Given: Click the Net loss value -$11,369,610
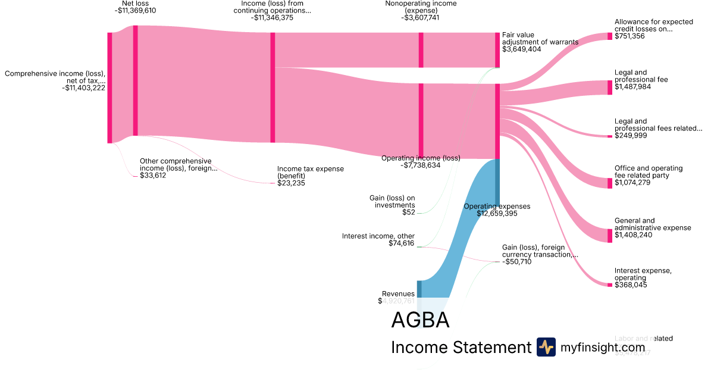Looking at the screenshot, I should pos(135,10).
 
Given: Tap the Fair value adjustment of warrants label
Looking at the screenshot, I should pos(540,39).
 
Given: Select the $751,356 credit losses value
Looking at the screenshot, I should pos(630,36).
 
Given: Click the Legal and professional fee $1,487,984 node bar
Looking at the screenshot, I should pos(609,87).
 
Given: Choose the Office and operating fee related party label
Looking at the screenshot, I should pos(649,172).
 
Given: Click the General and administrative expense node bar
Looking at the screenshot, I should pos(609,236).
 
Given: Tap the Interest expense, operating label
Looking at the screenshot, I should pos(643,274).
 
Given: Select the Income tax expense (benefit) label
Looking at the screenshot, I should pos(310,172).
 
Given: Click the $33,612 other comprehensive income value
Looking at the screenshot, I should pos(153,176).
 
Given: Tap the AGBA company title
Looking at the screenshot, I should pos(420,320).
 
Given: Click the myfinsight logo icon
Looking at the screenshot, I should pos(546,347).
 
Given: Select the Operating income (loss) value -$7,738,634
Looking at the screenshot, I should pos(420,165).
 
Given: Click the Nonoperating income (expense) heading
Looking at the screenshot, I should pos(421,7).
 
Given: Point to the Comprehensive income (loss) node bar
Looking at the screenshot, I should pos(109,87).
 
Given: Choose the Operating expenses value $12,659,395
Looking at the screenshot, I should pos(497,213).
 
